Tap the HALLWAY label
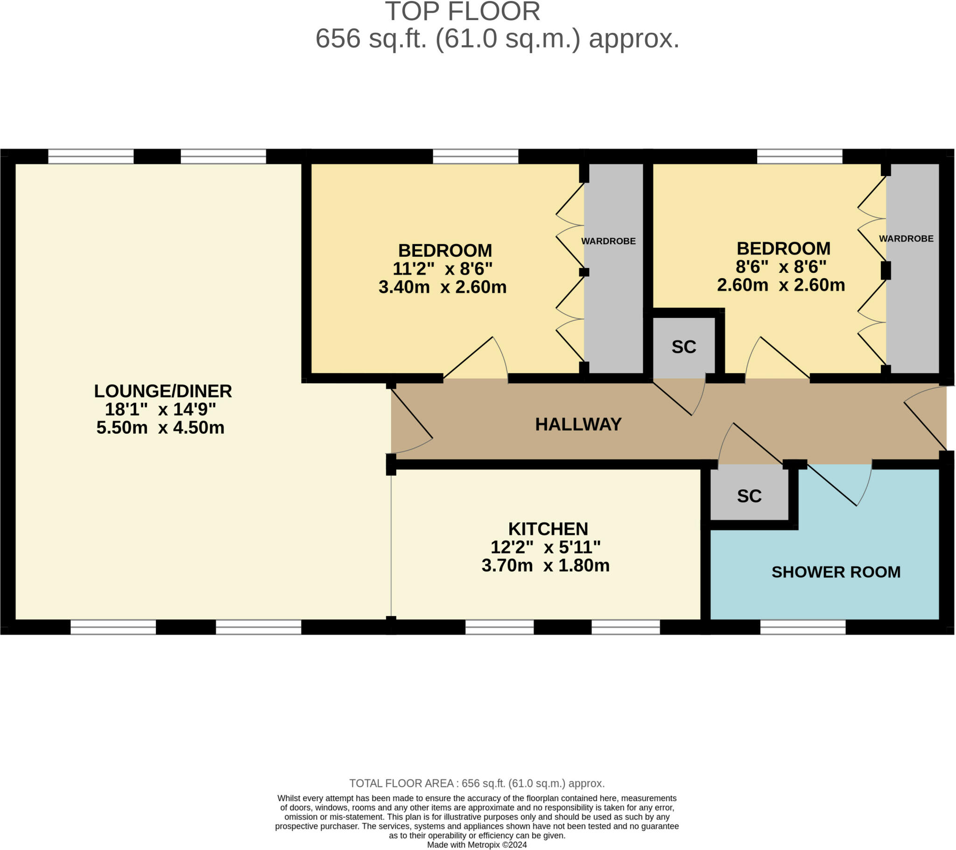tap(578, 424)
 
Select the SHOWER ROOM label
tap(836, 572)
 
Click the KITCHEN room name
tap(548, 528)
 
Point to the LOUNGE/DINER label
tap(163, 391)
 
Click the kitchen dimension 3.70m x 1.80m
tap(545, 565)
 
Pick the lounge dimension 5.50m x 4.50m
tap(161, 427)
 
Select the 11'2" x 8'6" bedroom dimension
tap(443, 268)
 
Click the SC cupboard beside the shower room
tap(749, 496)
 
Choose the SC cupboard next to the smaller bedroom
tap(684, 347)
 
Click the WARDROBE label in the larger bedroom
tap(609, 241)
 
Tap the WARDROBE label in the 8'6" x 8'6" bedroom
tap(906, 239)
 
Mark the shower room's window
tap(802, 627)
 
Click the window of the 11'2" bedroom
tap(475, 156)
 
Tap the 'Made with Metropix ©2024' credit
tap(477, 845)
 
